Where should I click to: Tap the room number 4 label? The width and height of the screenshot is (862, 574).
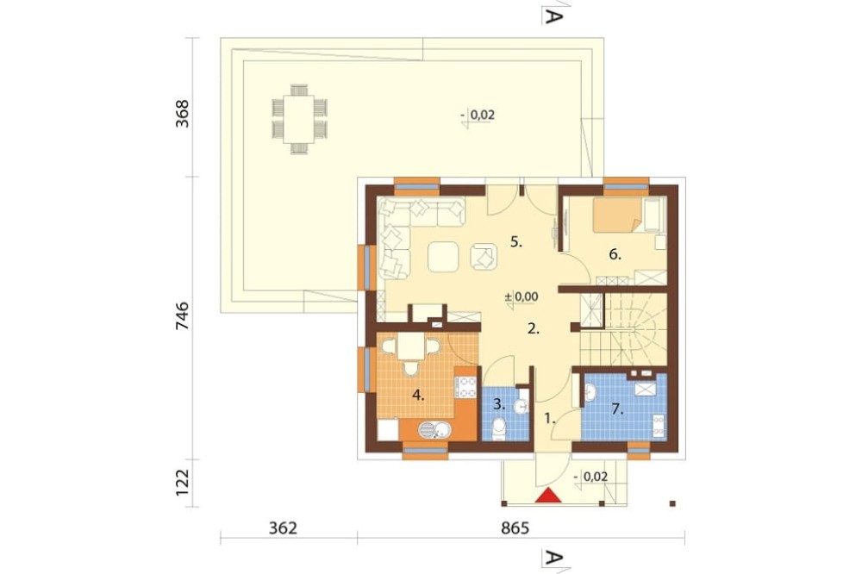(x=418, y=396)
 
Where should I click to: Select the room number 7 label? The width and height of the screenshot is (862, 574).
(x=617, y=409)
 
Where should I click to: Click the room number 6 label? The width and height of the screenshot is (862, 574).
(x=615, y=254)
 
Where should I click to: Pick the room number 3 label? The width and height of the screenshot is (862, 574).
(x=499, y=402)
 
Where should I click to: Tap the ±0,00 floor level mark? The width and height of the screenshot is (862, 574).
(x=522, y=297)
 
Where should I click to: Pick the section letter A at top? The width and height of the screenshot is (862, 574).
(x=553, y=16)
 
